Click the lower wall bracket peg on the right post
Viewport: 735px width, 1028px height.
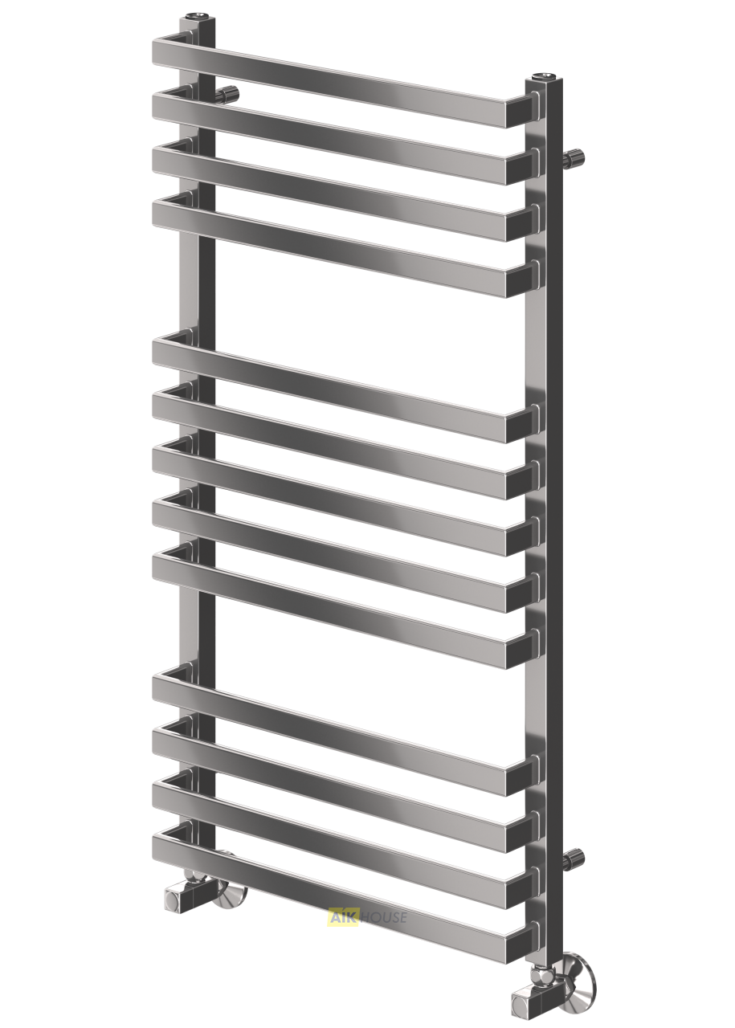point(574,857)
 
